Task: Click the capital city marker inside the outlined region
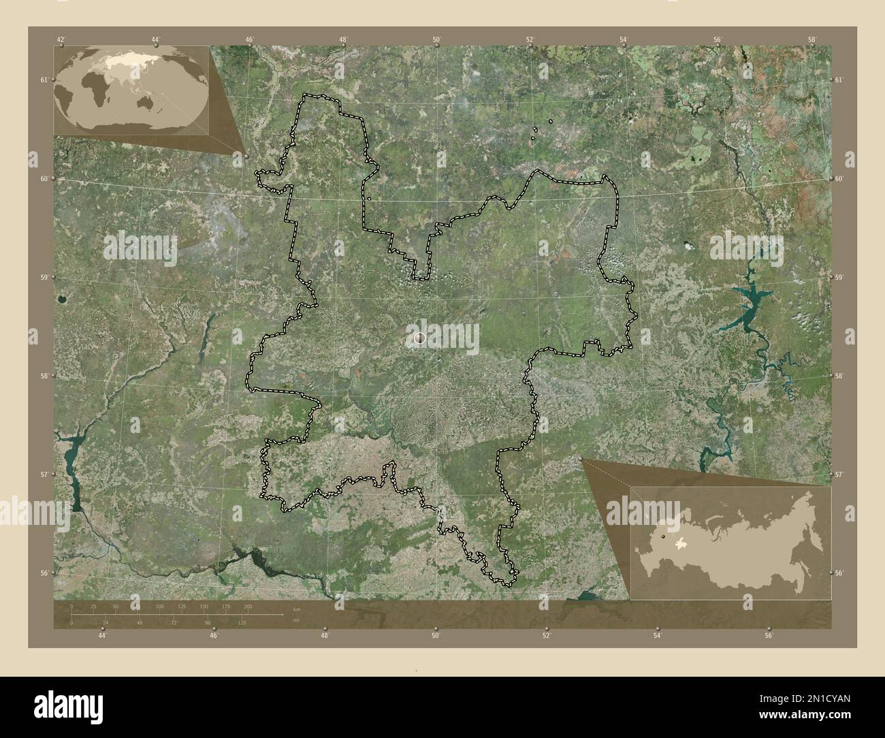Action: [x=419, y=337]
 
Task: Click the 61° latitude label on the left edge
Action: [x=44, y=80]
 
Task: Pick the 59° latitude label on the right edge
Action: [x=839, y=278]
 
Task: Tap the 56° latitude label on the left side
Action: [x=44, y=573]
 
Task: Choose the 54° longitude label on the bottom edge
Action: [x=657, y=636]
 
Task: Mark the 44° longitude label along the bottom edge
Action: [x=102, y=636]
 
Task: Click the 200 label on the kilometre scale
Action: [x=248, y=606]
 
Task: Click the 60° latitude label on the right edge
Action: [x=839, y=179]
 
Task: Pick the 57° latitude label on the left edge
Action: [x=44, y=475]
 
